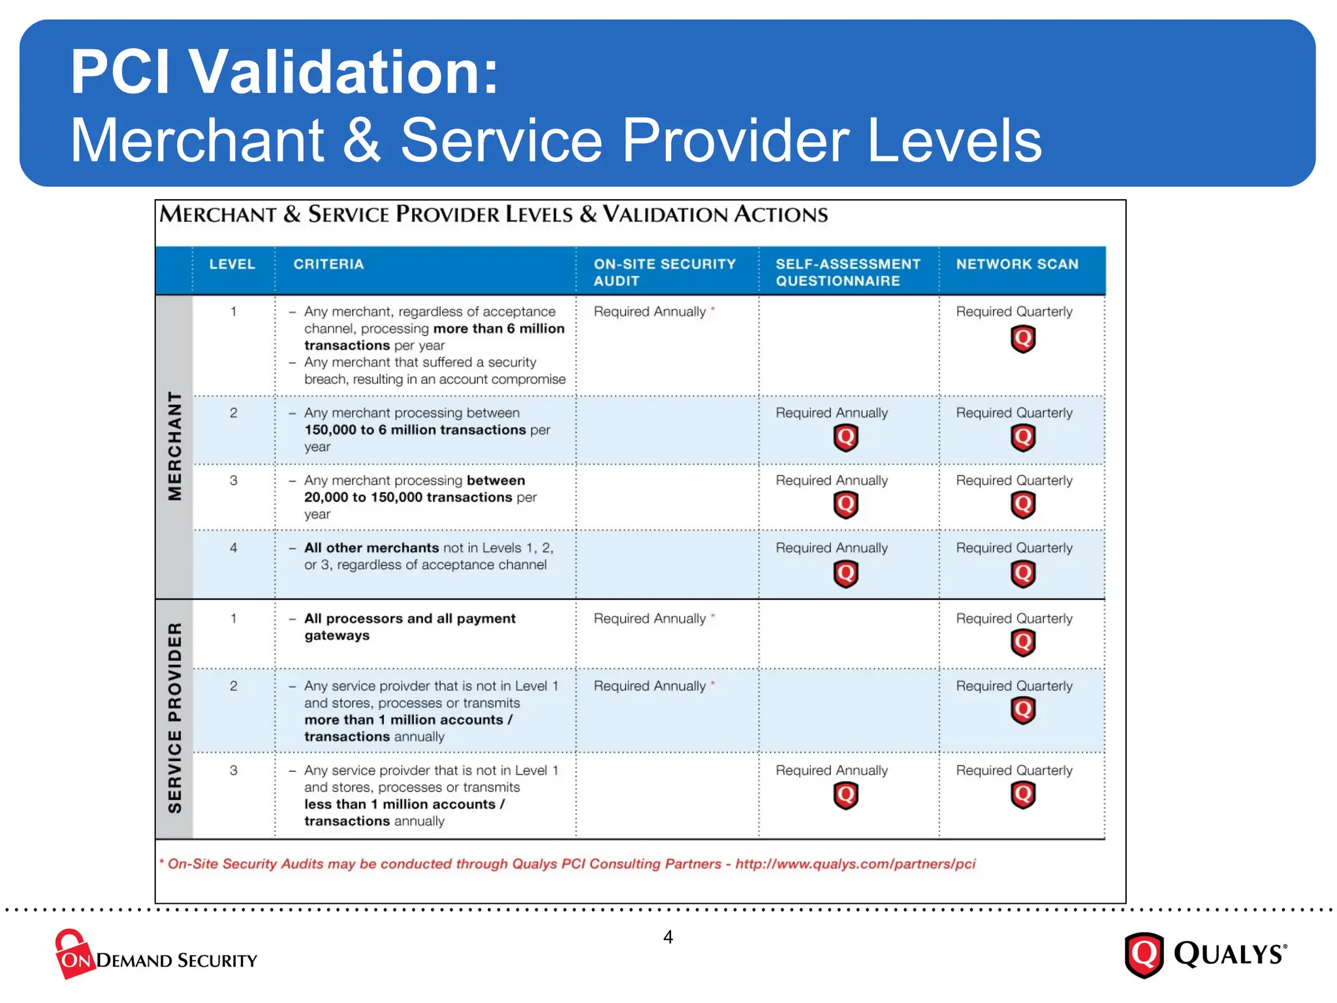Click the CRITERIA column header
point(328,264)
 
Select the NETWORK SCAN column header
point(1017,264)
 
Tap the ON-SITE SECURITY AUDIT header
point(664,272)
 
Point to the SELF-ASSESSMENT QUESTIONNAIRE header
point(847,272)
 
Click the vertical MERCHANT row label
point(175,446)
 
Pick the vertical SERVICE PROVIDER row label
point(175,718)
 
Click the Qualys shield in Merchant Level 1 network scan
point(1023,339)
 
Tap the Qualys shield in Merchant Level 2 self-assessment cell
point(845,438)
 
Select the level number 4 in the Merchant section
point(233,548)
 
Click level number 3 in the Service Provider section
point(233,771)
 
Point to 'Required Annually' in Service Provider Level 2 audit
point(650,686)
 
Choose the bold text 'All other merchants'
point(371,548)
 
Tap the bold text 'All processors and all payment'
point(410,618)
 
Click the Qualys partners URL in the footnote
point(855,864)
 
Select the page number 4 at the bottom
point(668,937)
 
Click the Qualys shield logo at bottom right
point(1144,955)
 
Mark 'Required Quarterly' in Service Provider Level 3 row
point(1014,771)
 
